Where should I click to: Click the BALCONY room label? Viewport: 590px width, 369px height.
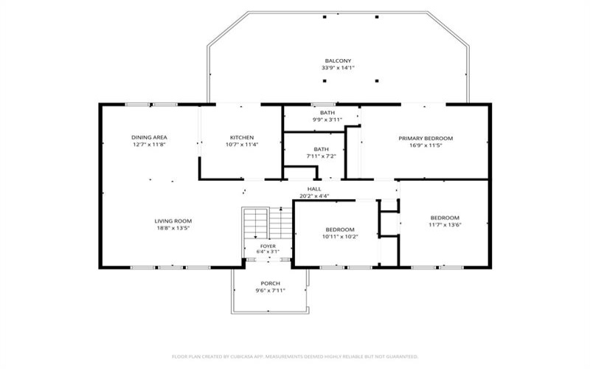coord(338,61)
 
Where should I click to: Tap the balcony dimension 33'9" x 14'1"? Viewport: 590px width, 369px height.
coord(338,68)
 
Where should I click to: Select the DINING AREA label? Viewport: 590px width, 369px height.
coord(149,137)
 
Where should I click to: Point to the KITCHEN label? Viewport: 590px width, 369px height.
coord(242,137)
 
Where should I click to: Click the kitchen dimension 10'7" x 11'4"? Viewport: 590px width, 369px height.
coord(242,144)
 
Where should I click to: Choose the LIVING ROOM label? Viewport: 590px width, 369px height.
coord(173,221)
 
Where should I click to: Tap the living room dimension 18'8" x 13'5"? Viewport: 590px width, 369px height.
coord(173,228)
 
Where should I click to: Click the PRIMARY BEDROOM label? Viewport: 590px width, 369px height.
coord(426,138)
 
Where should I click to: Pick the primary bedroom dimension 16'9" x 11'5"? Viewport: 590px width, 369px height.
coord(426,145)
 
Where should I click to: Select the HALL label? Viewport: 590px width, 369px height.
coord(314,189)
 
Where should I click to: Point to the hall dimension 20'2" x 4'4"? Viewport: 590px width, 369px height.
coord(314,196)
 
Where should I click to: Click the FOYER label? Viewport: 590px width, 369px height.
coord(268,246)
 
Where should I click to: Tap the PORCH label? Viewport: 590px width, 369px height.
coord(270,283)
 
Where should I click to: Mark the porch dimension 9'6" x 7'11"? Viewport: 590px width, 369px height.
coord(270,290)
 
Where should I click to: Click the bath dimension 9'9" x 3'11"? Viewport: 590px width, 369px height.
coord(327,120)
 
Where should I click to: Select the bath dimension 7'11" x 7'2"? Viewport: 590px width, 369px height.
coord(321,156)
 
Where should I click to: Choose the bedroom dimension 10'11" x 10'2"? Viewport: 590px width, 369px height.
coord(340,236)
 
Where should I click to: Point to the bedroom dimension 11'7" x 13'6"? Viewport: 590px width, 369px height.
coord(445,225)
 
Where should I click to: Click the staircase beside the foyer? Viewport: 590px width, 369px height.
coord(268,223)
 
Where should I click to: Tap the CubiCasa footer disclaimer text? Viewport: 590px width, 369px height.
coord(295,356)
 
